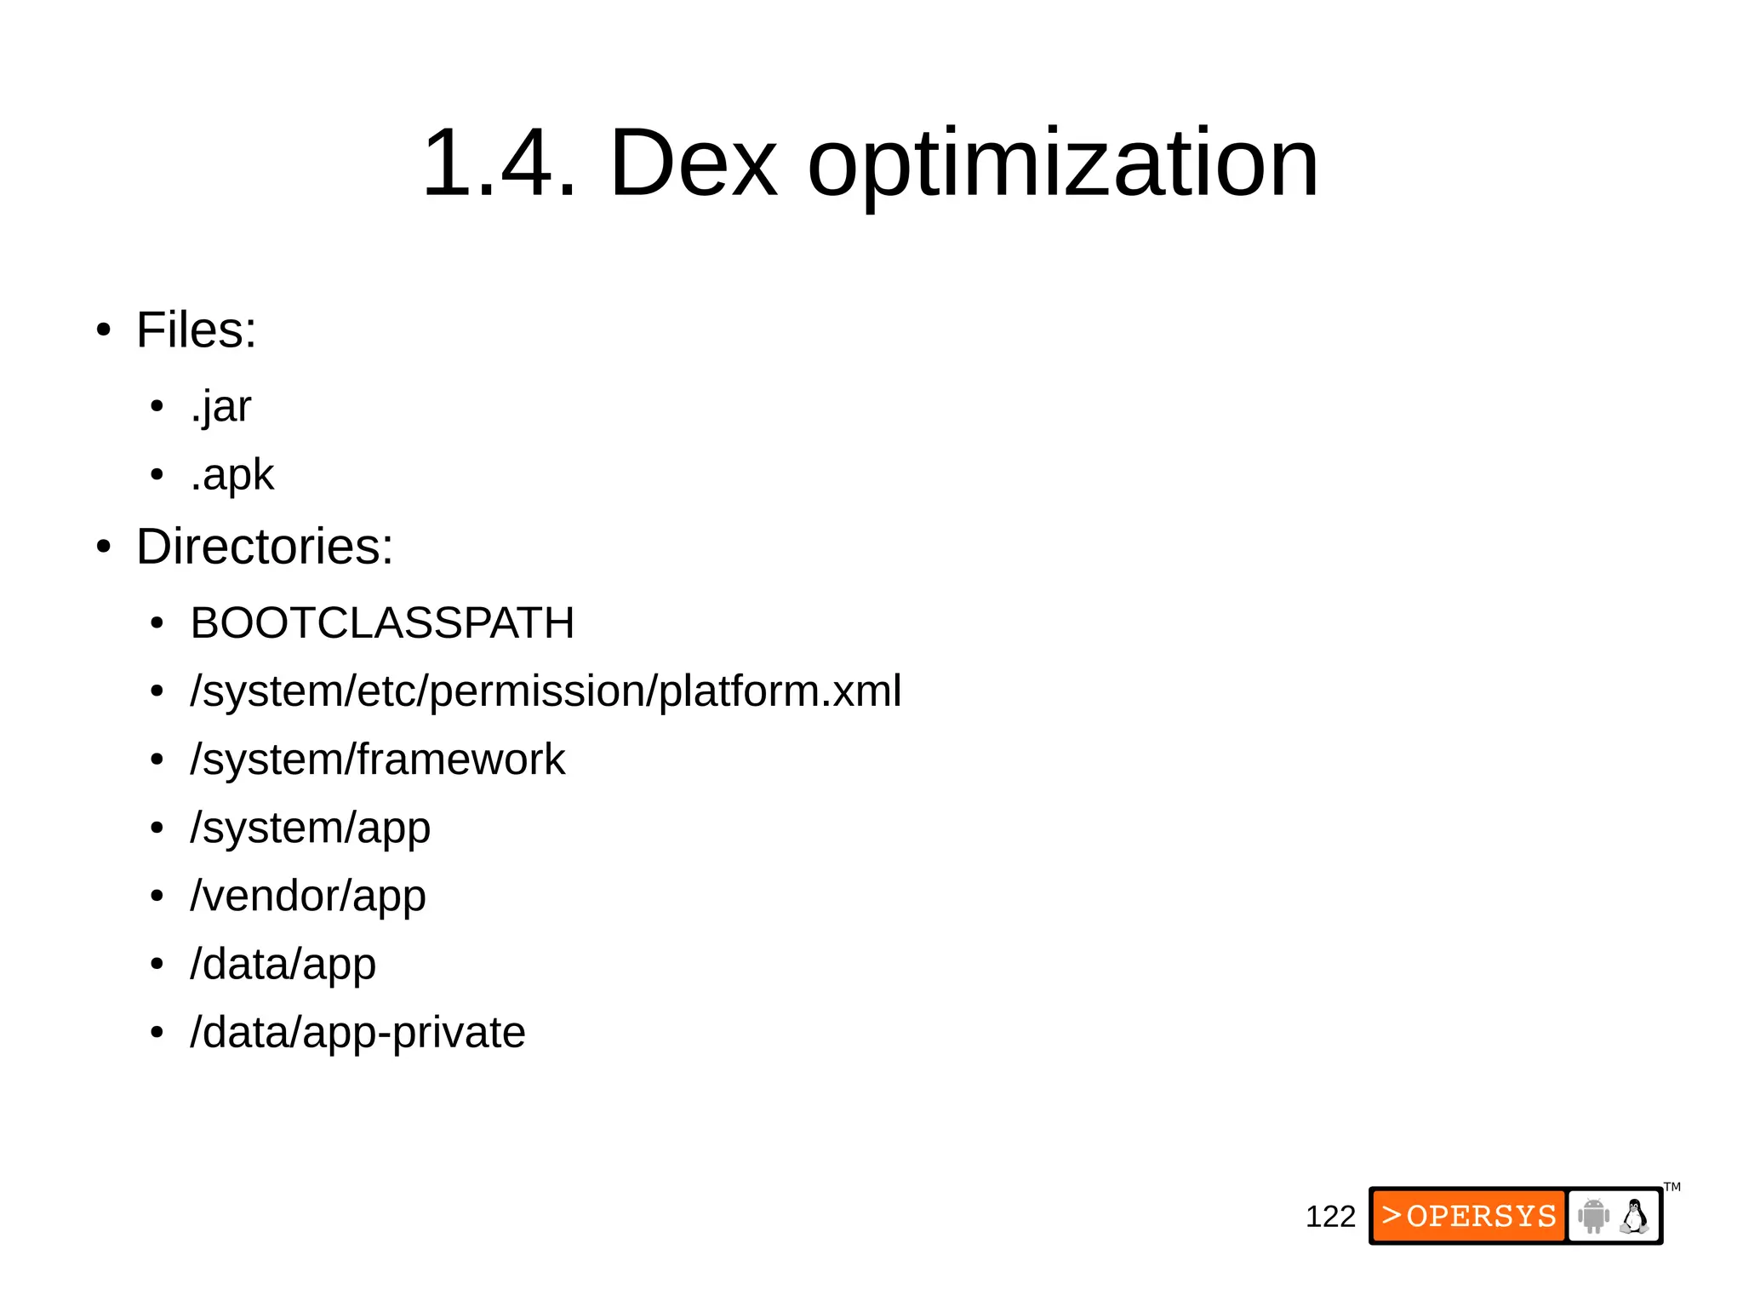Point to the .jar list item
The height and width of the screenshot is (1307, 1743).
click(220, 407)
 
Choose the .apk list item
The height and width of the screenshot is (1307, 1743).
click(231, 475)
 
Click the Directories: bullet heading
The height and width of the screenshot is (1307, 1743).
click(265, 546)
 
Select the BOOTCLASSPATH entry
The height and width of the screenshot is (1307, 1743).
click(382, 622)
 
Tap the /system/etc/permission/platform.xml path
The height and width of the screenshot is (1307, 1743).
click(546, 691)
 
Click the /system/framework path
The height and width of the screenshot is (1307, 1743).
click(378, 759)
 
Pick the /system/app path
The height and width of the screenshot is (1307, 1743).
click(311, 828)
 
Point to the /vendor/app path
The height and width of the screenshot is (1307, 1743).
click(308, 896)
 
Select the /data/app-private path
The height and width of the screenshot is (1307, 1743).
click(357, 1032)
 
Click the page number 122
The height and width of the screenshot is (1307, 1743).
click(1330, 1217)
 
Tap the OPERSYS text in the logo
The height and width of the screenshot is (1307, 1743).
click(1481, 1216)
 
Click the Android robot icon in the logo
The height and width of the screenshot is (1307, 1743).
click(1593, 1216)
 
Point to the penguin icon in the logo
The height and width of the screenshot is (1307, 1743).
click(1634, 1216)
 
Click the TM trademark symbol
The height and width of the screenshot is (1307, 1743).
click(1672, 1187)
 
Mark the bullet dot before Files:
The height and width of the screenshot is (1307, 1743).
click(104, 330)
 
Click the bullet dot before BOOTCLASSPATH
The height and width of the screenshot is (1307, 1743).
click(157, 623)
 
